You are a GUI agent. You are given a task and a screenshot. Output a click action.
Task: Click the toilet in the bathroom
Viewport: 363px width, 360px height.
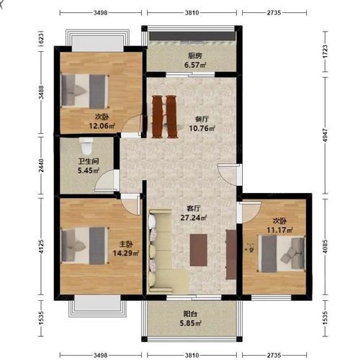coord(86,146)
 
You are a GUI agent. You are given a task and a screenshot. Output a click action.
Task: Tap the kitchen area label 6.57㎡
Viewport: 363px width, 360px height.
coord(195,65)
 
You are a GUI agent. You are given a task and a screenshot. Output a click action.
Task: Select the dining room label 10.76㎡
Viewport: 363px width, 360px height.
coord(202,128)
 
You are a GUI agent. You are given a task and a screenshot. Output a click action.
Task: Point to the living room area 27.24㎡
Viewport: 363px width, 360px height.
coord(194,217)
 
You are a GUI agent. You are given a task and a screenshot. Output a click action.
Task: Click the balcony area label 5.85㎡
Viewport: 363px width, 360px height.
coord(191,323)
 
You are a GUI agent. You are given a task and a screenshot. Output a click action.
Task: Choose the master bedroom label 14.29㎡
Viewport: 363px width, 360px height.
coord(126,253)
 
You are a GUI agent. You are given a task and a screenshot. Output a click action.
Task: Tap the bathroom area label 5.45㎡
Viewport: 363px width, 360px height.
coord(89,171)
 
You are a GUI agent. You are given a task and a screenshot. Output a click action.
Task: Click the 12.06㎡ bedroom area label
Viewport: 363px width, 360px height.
coord(102,126)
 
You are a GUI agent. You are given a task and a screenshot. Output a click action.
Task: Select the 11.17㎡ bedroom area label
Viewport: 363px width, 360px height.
coord(279,230)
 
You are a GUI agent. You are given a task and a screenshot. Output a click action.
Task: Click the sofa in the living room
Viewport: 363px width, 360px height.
coord(163,251)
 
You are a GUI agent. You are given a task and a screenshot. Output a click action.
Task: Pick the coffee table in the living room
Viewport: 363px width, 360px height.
coord(199,250)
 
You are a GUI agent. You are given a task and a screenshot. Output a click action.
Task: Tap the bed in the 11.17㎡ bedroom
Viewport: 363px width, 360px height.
coord(282,253)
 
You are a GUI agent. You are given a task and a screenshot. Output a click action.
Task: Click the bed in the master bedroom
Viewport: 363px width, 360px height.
coord(85,246)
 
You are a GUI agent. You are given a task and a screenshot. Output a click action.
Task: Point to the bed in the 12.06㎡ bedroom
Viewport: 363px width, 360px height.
coord(85,91)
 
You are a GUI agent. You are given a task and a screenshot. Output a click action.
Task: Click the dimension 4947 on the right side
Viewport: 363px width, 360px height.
coord(326,135)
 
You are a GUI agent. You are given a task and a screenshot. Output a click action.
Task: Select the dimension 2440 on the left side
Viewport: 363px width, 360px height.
coord(42,166)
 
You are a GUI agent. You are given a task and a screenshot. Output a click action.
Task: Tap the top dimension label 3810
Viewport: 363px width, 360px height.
coord(192,12)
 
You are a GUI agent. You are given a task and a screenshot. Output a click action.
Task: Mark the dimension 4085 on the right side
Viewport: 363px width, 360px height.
coord(326,246)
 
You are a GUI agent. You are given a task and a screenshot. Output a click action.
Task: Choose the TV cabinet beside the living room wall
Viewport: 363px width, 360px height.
coord(231,254)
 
